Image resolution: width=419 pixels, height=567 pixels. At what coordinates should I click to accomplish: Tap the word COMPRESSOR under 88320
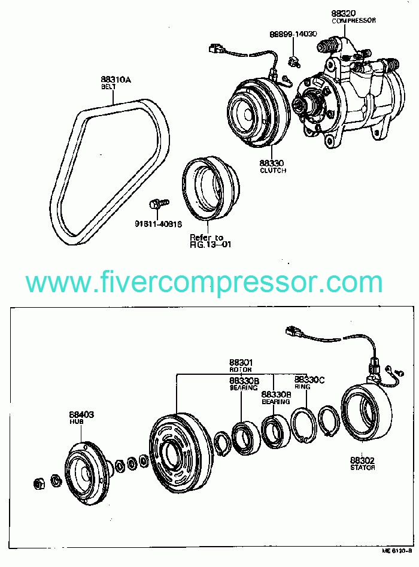pyautogui.click(x=354, y=20)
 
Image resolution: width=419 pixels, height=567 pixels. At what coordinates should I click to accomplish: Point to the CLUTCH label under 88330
pyautogui.click(x=272, y=171)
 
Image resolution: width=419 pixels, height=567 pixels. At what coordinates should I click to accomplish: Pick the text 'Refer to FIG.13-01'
pyautogui.click(x=207, y=241)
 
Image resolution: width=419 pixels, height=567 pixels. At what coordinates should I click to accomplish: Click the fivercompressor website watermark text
pyautogui.click(x=204, y=281)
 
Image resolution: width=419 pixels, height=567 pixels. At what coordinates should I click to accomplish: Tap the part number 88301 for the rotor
pyautogui.click(x=241, y=363)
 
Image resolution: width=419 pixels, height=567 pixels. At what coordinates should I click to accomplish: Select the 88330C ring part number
pyautogui.click(x=309, y=380)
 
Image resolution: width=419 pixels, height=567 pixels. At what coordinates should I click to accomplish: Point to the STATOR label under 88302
pyautogui.click(x=363, y=468)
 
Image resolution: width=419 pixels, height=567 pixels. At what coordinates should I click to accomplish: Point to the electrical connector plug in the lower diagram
pyautogui.click(x=294, y=331)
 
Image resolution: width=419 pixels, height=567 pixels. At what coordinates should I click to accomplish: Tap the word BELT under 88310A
pyautogui.click(x=107, y=87)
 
